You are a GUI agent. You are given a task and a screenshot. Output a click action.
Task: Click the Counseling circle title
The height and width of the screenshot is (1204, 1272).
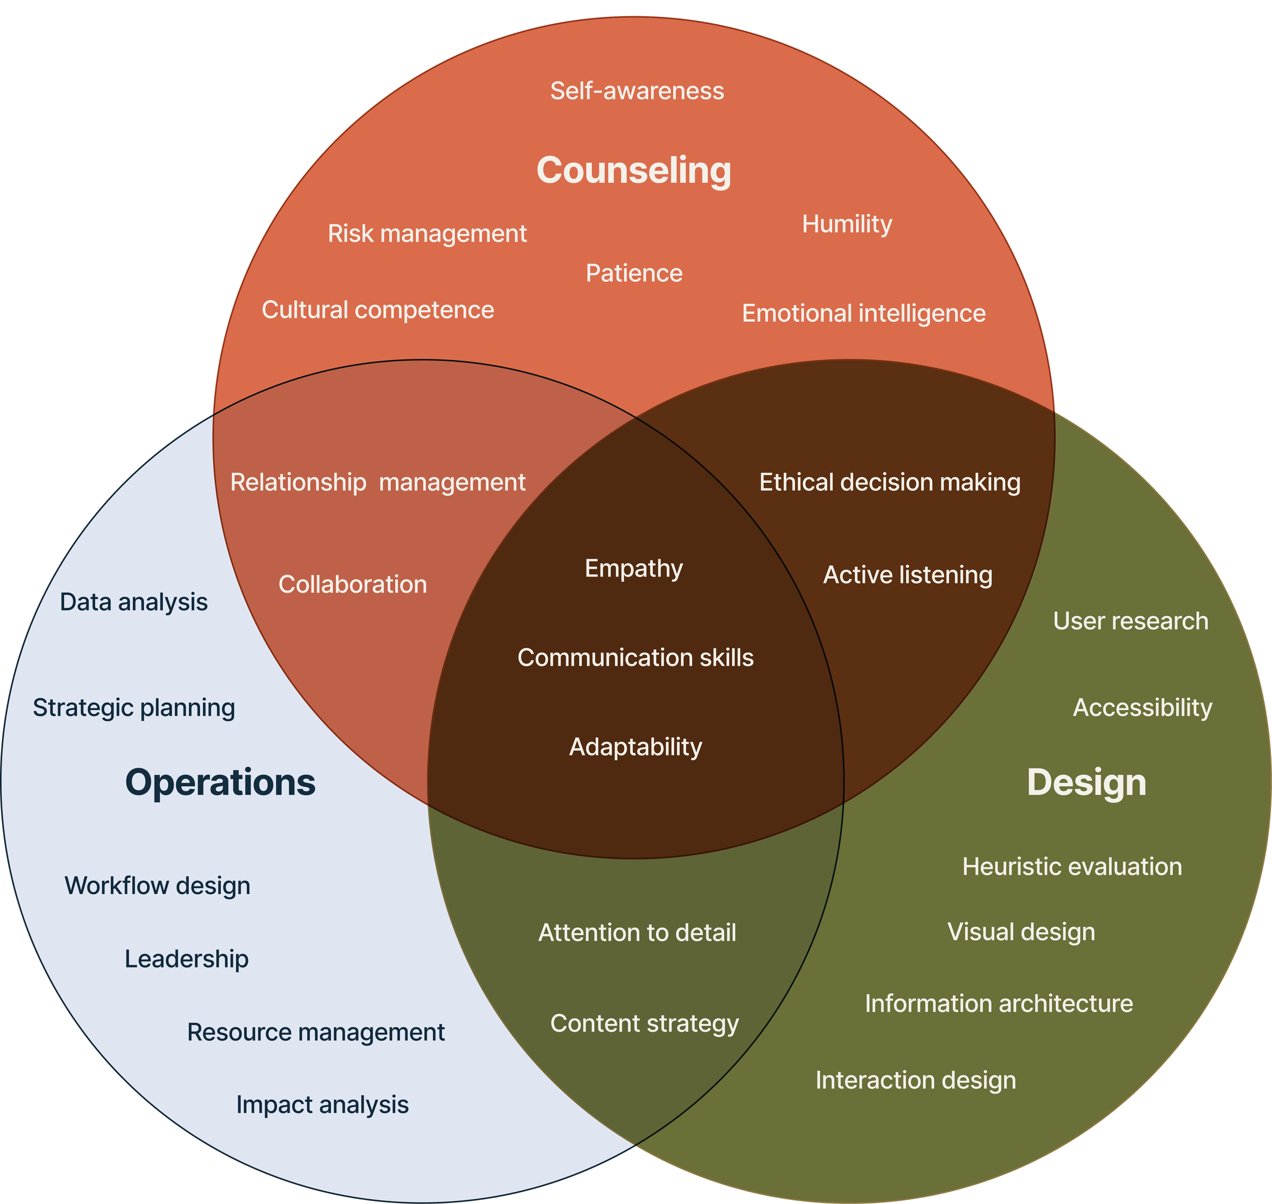633,170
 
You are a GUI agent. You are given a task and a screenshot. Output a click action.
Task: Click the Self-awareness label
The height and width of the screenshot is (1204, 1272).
637,91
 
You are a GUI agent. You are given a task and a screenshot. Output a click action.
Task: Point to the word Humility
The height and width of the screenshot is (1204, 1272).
847,224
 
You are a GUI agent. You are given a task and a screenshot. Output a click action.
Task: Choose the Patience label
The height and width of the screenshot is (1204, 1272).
634,273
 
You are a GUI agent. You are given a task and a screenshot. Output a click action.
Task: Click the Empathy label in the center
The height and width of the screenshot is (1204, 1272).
634,568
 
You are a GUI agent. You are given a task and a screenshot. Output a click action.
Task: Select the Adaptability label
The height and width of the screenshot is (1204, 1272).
635,747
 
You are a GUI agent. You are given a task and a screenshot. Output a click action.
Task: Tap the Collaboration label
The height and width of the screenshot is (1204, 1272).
352,585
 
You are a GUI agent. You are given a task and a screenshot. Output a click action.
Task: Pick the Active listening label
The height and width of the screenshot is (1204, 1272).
908,575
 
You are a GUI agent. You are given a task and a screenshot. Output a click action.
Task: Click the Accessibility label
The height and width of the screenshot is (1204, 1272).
1142,708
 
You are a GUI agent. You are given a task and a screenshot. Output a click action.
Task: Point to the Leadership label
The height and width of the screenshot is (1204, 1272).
187,959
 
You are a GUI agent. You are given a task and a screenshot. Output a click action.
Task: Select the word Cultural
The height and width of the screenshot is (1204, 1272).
305,310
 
